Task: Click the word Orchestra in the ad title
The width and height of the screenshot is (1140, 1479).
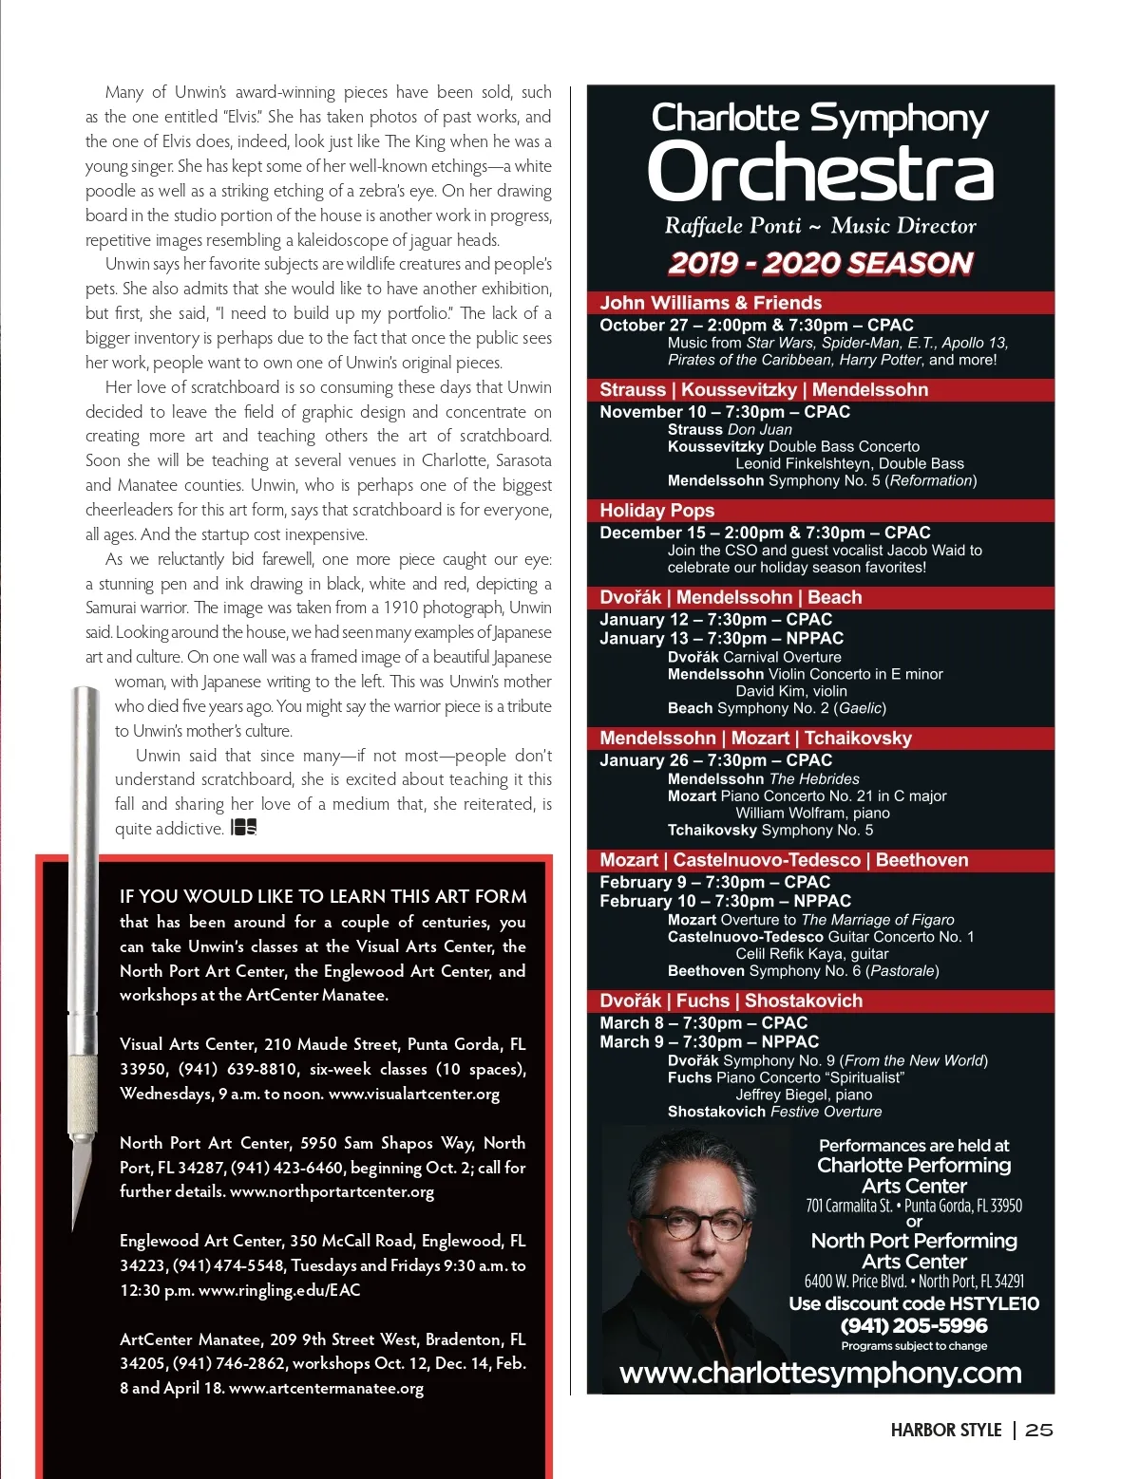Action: (820, 173)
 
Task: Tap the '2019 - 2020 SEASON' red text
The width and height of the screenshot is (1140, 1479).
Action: (821, 263)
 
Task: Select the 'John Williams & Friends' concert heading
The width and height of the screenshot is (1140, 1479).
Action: (711, 303)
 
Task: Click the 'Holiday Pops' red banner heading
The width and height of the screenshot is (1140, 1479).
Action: (656, 510)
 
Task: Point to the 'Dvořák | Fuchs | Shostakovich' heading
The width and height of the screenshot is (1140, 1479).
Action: (731, 1001)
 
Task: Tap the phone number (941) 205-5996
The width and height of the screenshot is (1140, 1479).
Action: (914, 1325)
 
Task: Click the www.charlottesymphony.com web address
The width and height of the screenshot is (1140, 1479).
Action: (820, 1373)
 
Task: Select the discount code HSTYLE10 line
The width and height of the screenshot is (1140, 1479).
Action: (914, 1303)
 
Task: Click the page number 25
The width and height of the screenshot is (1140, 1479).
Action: (1039, 1430)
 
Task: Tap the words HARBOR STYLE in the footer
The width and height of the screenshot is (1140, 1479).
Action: (946, 1430)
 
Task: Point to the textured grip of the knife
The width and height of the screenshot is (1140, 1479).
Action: (84, 1092)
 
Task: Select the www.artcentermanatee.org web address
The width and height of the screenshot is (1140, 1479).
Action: (326, 1388)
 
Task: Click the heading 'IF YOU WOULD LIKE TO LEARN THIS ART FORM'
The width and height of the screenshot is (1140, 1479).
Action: (323, 896)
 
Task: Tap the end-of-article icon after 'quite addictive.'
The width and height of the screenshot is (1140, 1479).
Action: (244, 828)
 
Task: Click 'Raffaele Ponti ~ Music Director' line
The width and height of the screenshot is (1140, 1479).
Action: (820, 226)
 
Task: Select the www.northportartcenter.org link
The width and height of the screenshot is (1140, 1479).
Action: (332, 1191)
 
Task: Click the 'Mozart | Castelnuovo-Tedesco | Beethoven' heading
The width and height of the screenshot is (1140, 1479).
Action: (784, 860)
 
